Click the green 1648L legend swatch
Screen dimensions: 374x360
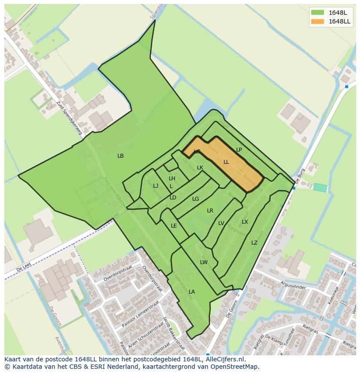pos(317,12)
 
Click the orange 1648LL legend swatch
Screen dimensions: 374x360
pos(317,21)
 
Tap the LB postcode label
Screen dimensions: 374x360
pos(120,156)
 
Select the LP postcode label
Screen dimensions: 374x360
pos(239,150)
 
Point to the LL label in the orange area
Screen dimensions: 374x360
pos(226,162)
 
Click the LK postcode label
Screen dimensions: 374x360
pos(200,168)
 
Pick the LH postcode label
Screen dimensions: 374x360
pos(172,179)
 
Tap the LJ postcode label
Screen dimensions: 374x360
pos(156,186)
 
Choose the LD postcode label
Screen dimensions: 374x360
pos(173,198)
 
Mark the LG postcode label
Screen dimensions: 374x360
pos(196,199)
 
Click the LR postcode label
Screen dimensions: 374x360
pos(210,211)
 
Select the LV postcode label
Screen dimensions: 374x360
pos(221,223)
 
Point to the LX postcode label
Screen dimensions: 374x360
pos(245,222)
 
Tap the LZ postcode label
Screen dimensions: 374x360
pos(254,243)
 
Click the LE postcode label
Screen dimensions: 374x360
pos(174,226)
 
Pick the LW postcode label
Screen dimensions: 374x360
pos(203,262)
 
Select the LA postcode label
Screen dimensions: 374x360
pos(192,292)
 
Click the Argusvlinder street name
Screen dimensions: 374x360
pos(293,287)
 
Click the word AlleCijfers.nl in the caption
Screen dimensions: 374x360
pos(224,359)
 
